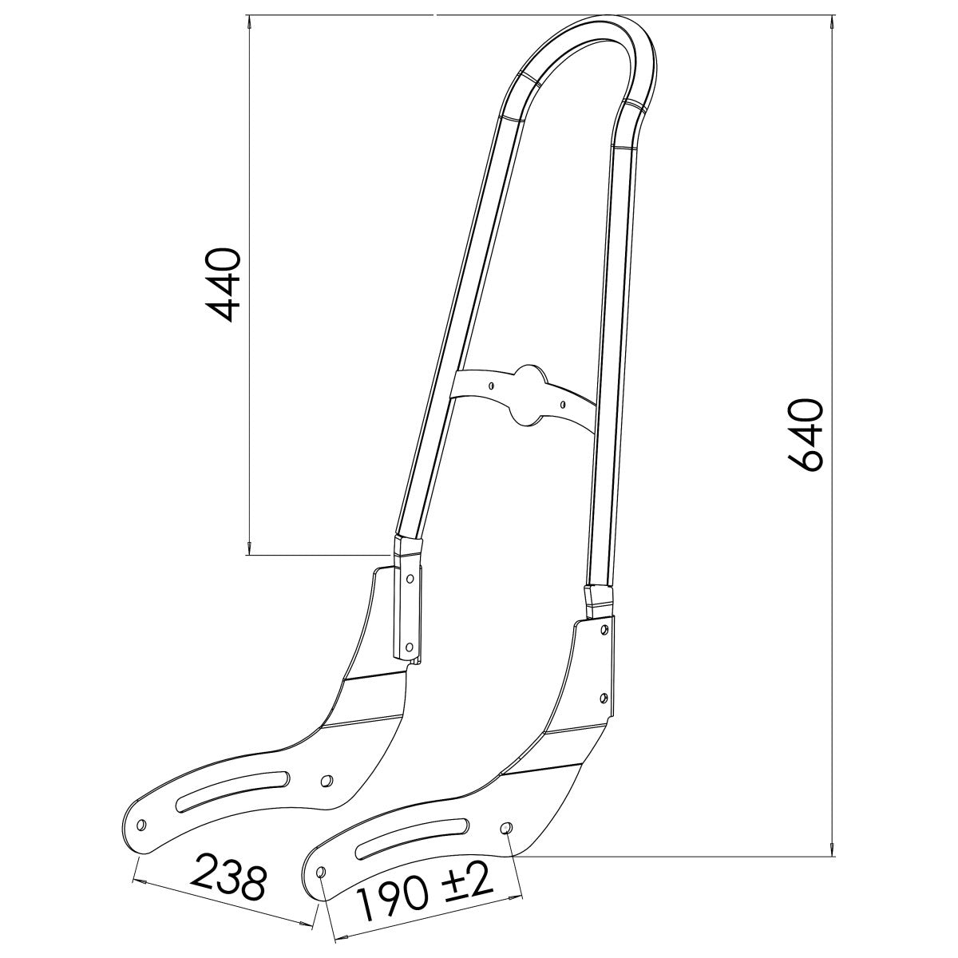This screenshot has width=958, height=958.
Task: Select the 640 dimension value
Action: [805, 435]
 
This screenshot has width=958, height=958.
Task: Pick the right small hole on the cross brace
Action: [564, 404]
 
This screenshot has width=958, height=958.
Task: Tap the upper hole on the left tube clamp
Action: [410, 576]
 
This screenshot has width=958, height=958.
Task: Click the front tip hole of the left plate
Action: [141, 824]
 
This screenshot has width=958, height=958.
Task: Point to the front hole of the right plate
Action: [321, 872]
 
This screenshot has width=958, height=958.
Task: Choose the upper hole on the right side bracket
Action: [604, 630]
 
